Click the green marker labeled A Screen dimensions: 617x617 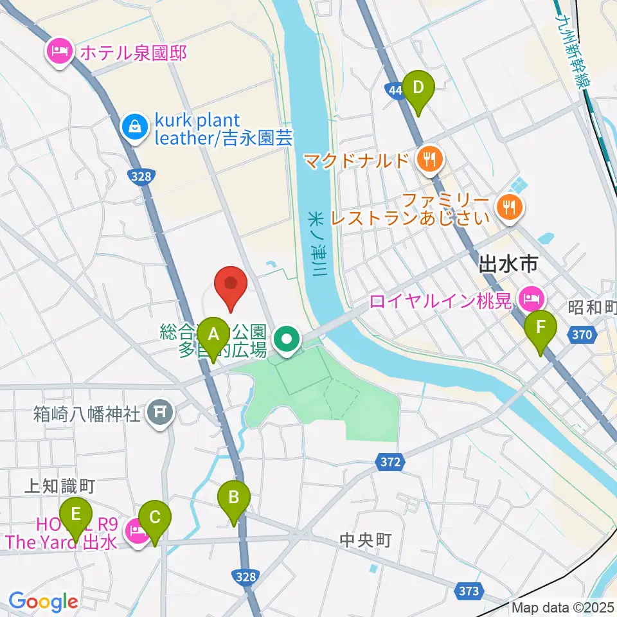pyautogui.click(x=214, y=334)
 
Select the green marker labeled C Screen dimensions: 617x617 pyautogui.click(x=155, y=517)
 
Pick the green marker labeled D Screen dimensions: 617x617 pyautogui.click(x=418, y=87)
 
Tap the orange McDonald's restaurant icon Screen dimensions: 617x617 pyautogui.click(x=428, y=159)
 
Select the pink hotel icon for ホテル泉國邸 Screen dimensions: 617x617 pyautogui.click(x=60, y=51)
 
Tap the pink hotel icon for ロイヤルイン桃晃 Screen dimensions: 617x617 pyautogui.click(x=531, y=298)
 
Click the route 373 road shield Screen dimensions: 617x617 pyautogui.click(x=469, y=590)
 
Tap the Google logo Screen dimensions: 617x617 pyautogui.click(x=43, y=602)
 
